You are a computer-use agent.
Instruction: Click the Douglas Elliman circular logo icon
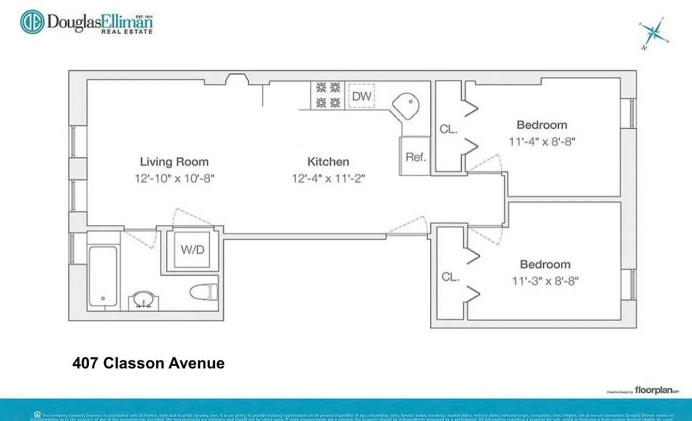33,22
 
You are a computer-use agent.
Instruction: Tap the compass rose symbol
654,33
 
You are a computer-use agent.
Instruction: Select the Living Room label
174,161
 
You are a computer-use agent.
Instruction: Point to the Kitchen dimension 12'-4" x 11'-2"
328,178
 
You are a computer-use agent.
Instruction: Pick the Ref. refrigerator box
415,157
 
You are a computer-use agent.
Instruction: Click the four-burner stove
328,94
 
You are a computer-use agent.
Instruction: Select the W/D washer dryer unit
193,249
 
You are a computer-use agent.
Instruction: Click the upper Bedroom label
542,125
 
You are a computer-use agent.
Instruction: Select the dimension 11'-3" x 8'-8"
544,280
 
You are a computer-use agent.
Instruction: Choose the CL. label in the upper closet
448,129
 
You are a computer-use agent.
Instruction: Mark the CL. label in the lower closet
450,277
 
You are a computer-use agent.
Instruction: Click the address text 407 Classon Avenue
148,363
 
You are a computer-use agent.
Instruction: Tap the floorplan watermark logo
653,390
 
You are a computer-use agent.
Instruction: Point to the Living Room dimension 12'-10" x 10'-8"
174,178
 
